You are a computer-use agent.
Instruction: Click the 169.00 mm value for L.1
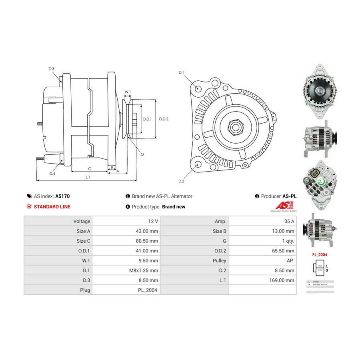pyautogui.click(x=282, y=280)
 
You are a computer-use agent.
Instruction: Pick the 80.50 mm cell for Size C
pyautogui.click(x=147, y=241)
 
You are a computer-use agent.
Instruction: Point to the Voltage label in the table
pyautogui.click(x=82, y=221)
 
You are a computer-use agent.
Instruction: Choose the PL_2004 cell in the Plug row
pyautogui.click(x=148, y=290)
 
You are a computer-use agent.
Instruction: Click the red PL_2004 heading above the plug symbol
pyautogui.click(x=320, y=254)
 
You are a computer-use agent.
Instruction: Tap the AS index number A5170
pyautogui.click(x=62, y=196)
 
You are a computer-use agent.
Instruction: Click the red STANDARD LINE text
pyautogui.click(x=52, y=207)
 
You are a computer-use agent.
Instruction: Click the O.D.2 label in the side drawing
pyautogui.click(x=164, y=119)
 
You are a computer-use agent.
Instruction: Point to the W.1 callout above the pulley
pyautogui.click(x=128, y=92)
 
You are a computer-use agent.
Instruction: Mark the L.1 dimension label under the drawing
pyautogui.click(x=87, y=177)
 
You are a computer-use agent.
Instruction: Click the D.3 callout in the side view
pyautogui.click(x=52, y=69)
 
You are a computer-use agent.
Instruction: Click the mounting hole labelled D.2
pyautogui.click(x=197, y=164)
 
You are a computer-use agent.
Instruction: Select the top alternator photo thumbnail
pyautogui.click(x=319, y=91)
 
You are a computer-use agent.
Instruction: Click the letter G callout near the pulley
pyautogui.click(x=142, y=154)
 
